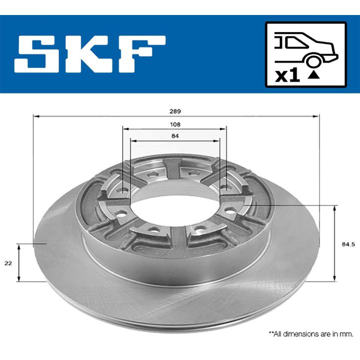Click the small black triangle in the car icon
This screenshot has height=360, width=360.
click(x=313, y=75)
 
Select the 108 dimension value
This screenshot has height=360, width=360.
click(x=175, y=124)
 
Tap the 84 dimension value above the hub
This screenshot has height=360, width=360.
click(x=175, y=135)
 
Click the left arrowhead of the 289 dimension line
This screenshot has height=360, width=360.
click(x=35, y=116)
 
